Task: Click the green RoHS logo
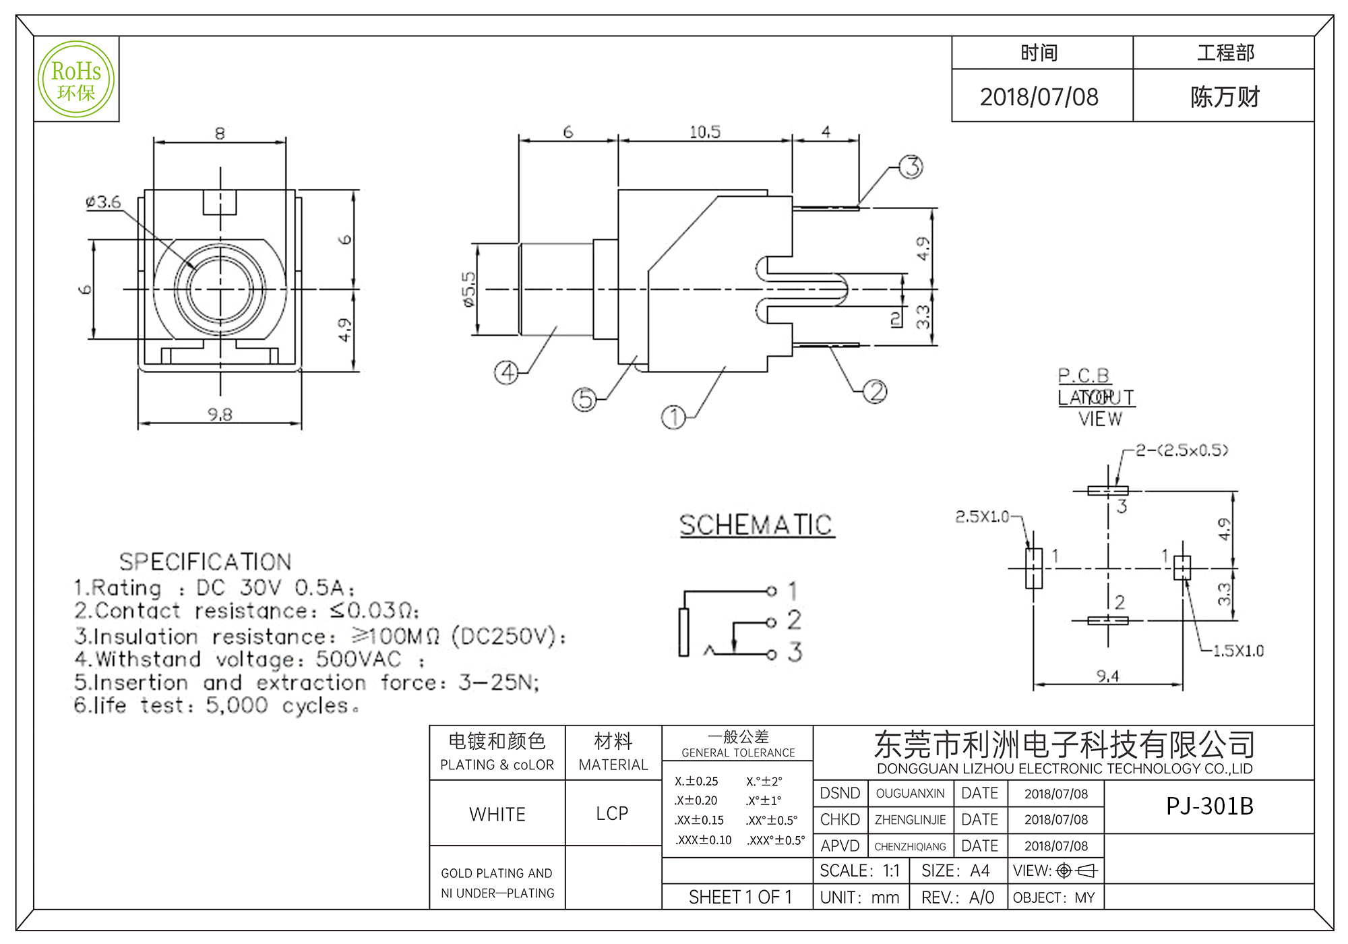click(x=76, y=80)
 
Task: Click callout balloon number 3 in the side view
click(x=912, y=167)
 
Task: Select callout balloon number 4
click(x=507, y=372)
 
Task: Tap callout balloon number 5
click(x=584, y=399)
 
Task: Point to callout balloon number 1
click(x=673, y=417)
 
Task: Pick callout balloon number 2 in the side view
click(x=875, y=391)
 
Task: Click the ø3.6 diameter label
click(x=103, y=202)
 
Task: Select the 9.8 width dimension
click(x=220, y=414)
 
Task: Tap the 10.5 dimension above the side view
click(x=704, y=132)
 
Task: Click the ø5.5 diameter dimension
click(x=469, y=289)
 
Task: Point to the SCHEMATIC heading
click(x=756, y=525)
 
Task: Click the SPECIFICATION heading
click(x=205, y=562)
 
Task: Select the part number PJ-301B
click(x=1209, y=806)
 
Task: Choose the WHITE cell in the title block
click(x=497, y=815)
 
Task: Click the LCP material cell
click(x=612, y=814)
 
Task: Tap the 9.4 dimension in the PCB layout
click(x=1107, y=676)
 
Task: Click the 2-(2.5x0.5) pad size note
click(x=1182, y=450)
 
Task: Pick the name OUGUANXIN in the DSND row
click(x=910, y=794)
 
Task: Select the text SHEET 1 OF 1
click(x=740, y=897)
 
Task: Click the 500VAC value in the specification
click(x=359, y=659)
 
